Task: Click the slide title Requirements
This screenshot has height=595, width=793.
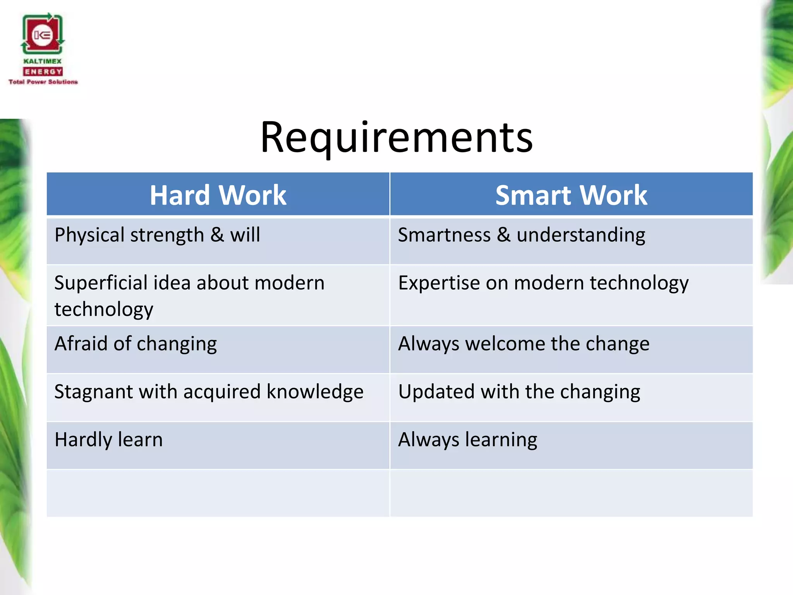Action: [396, 138]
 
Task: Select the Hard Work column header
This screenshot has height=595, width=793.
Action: [218, 195]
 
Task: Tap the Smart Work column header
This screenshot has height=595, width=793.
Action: [571, 195]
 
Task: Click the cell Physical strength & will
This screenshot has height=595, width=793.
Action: [157, 235]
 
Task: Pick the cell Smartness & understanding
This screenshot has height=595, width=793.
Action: [522, 235]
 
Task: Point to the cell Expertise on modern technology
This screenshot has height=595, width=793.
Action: [543, 283]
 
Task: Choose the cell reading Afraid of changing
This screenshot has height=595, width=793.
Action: [136, 344]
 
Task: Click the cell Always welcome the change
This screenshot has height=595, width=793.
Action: [524, 344]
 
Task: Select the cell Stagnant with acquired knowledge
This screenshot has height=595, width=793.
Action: [209, 392]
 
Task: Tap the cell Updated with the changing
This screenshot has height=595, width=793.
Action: [519, 392]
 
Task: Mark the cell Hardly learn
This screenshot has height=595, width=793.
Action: [109, 440]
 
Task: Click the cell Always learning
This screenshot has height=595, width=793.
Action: [468, 440]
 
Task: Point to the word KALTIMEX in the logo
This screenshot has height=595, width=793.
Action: [43, 61]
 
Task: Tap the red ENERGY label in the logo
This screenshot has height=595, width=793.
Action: [43, 72]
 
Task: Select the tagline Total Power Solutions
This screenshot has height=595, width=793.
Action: [43, 82]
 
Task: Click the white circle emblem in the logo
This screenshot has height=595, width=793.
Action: [42, 36]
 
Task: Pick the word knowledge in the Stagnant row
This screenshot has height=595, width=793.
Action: [315, 392]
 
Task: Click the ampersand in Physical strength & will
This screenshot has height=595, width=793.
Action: [217, 235]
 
